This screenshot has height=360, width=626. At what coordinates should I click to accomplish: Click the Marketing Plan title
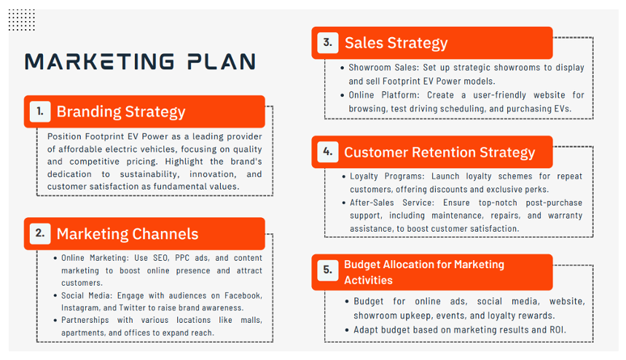[x=140, y=62]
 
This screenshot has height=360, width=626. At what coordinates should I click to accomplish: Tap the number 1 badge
[x=40, y=111]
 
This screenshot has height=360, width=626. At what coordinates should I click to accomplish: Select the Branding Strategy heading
[x=121, y=111]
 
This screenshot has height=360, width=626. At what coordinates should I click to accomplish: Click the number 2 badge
[x=40, y=233]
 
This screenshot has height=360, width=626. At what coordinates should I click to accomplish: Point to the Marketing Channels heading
[x=128, y=234]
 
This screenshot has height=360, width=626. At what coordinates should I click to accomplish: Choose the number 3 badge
[x=328, y=43]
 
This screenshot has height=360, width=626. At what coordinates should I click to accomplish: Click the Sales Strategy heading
[x=396, y=43]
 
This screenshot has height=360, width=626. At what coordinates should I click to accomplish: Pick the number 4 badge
[x=328, y=152]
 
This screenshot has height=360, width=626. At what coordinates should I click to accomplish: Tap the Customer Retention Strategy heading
[x=439, y=152]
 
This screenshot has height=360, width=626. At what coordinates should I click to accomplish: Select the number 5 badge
[x=328, y=270]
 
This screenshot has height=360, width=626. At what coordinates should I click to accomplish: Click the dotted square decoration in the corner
[x=22, y=20]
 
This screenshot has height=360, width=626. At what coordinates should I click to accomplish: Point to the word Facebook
[x=243, y=296]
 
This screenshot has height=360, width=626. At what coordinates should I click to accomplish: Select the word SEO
[x=161, y=258]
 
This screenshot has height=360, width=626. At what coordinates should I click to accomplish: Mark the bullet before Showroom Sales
[x=343, y=69]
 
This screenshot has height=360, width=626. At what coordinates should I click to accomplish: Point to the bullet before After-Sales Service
[x=344, y=203]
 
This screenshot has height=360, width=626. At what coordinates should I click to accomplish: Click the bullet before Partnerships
[x=55, y=321]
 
